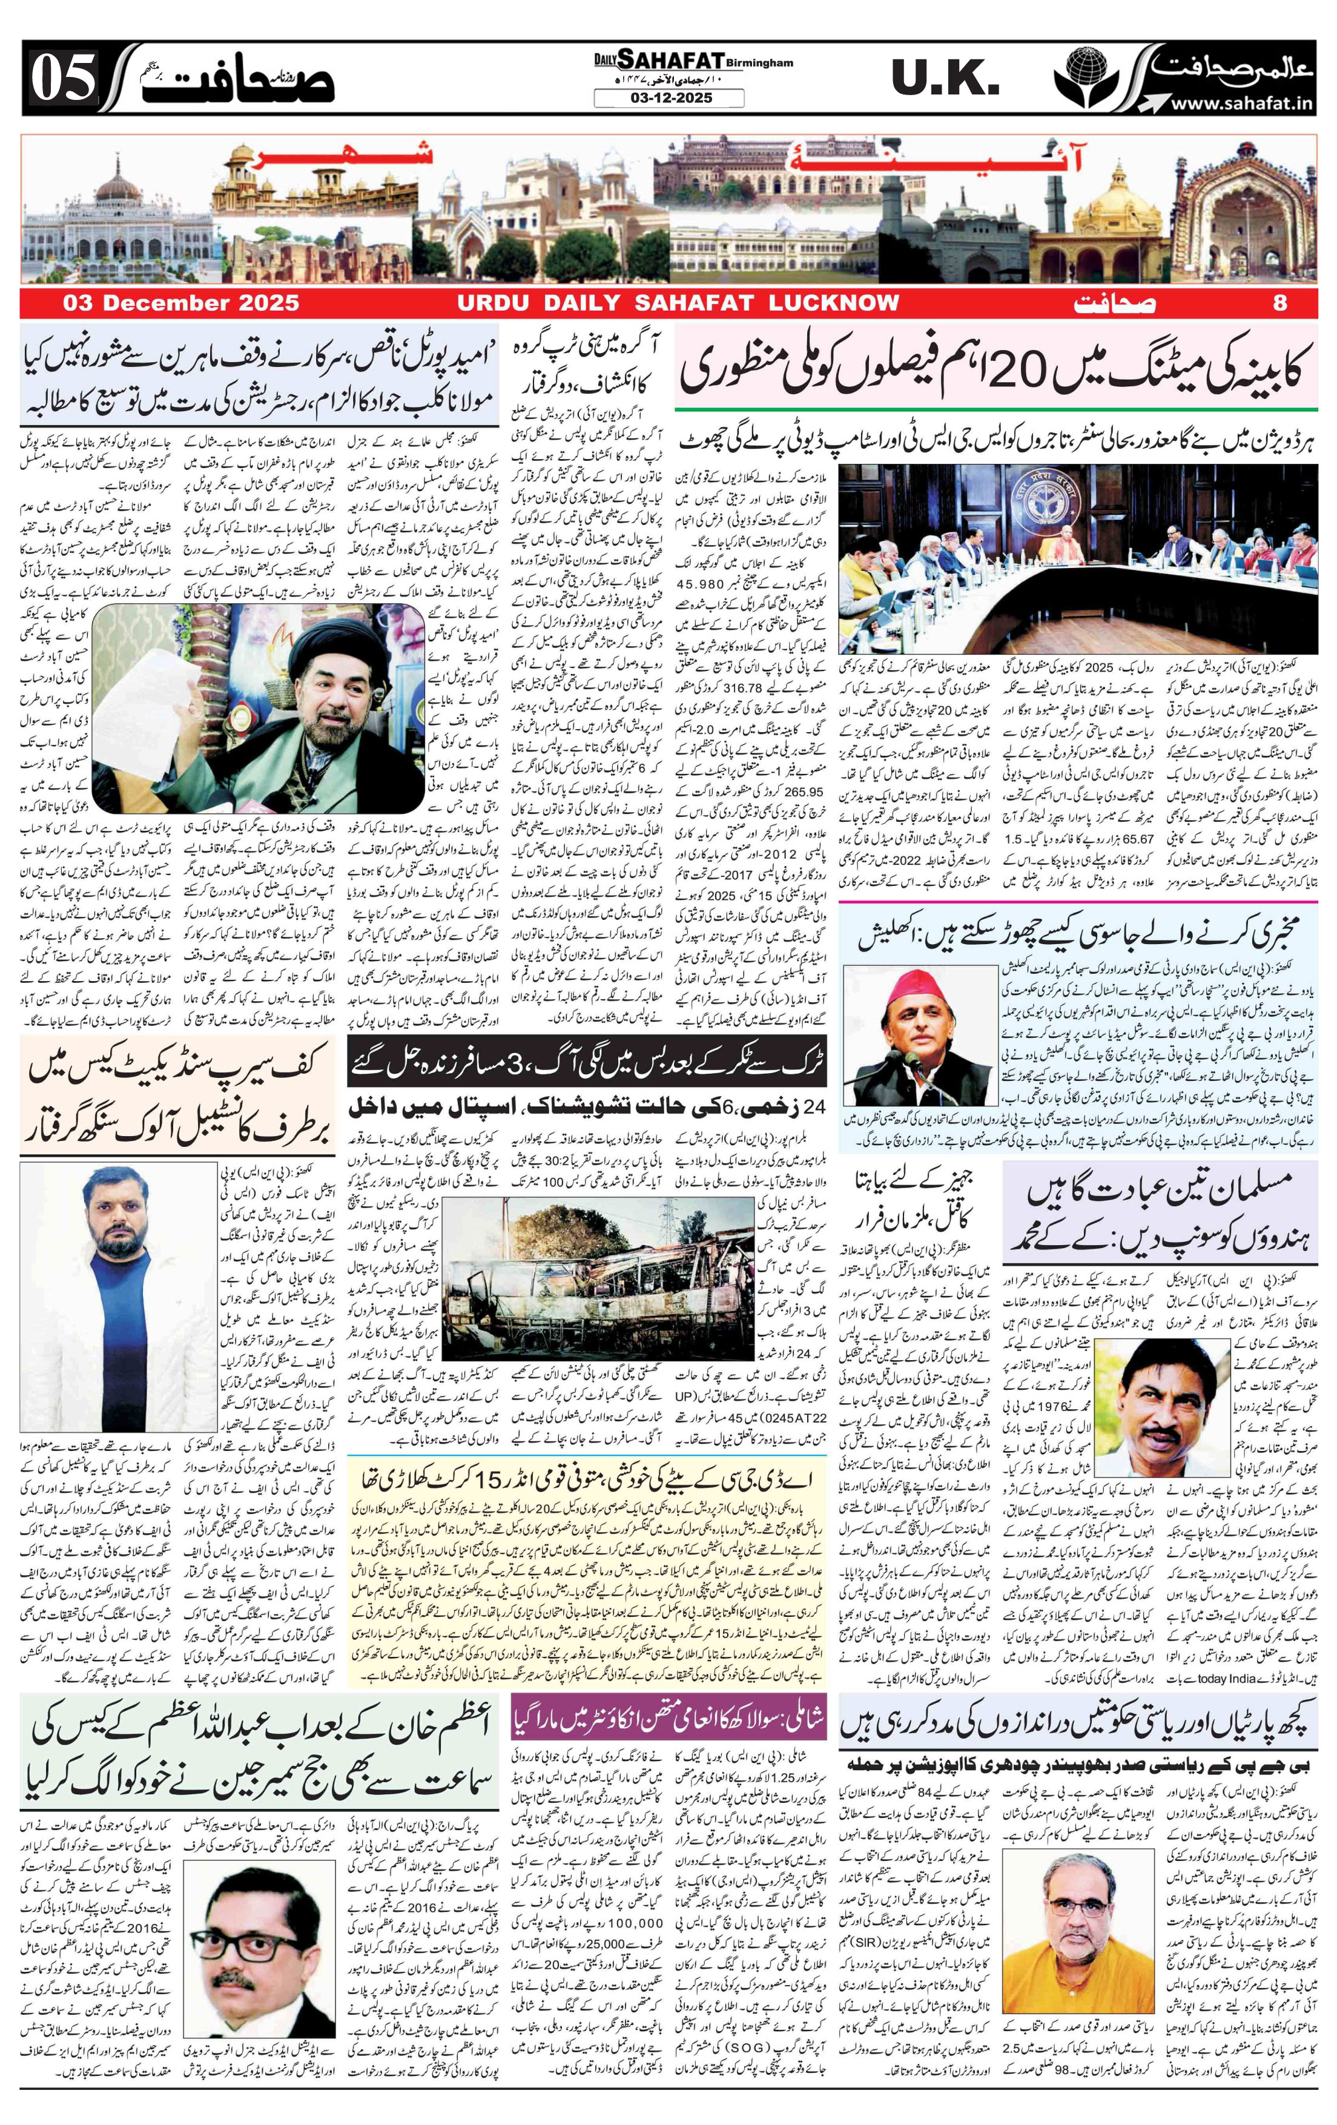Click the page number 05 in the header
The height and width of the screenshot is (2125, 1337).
(x=64, y=79)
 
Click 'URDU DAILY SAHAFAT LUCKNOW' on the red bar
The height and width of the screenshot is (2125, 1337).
(x=677, y=303)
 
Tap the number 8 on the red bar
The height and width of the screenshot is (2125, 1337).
(x=1281, y=303)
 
